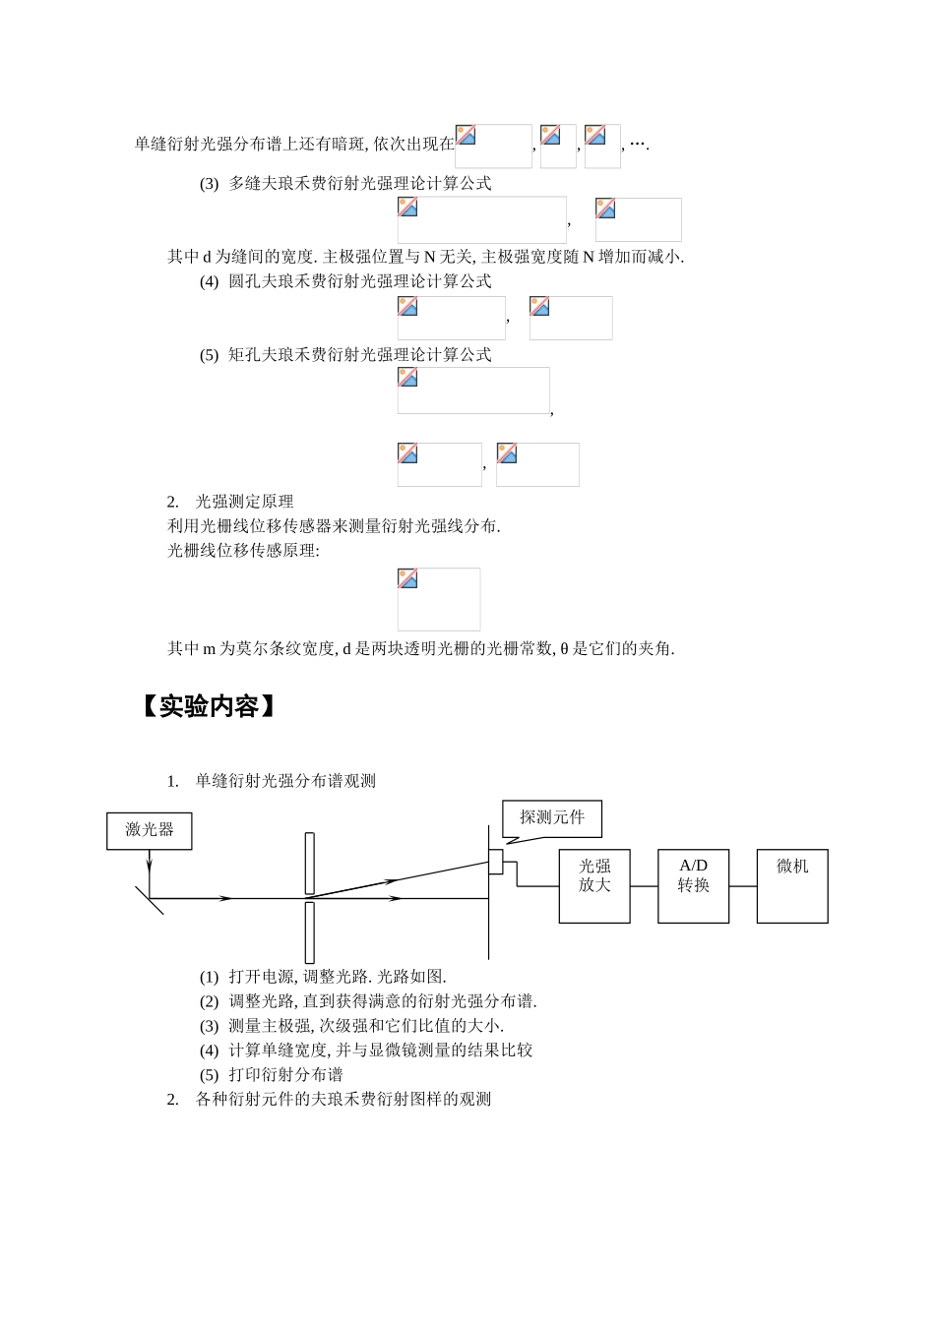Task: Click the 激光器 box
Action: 149,831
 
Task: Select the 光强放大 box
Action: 594,886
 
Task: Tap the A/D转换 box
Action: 693,886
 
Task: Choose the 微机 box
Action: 792,886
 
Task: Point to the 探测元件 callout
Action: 552,818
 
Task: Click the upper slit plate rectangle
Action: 310,864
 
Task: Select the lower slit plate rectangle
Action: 310,931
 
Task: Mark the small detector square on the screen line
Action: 496,862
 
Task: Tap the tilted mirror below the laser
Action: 149,898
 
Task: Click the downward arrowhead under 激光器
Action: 149,867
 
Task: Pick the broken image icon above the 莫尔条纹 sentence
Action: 408,579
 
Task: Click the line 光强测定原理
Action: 244,502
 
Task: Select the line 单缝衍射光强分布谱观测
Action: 285,781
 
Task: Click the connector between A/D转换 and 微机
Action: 743,886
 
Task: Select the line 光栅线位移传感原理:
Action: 243,551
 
